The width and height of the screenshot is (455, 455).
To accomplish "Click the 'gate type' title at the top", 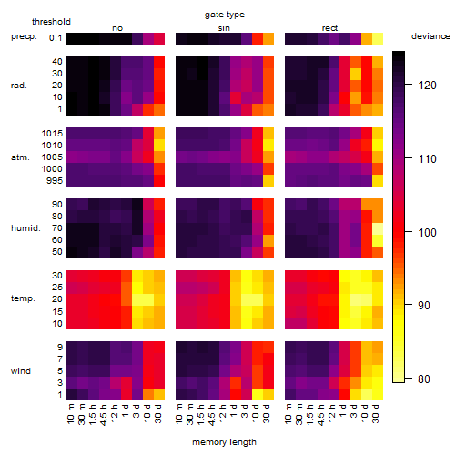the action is pyautogui.click(x=225, y=15).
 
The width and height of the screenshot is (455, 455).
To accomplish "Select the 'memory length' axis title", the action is pyautogui.click(x=224, y=442).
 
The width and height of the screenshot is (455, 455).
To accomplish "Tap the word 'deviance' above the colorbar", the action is pyautogui.click(x=430, y=36).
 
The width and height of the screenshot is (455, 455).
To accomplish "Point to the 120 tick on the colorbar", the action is pyautogui.click(x=409, y=85).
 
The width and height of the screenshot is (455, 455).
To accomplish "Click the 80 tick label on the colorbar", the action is pyautogui.click(x=424, y=379).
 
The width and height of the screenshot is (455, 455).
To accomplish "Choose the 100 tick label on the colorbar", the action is pyautogui.click(x=427, y=232).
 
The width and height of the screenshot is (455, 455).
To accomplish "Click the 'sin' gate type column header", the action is pyautogui.click(x=224, y=28).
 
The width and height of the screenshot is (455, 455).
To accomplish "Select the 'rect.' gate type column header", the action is pyautogui.click(x=330, y=28).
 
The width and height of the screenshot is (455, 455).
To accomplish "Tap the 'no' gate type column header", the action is pyautogui.click(x=117, y=28).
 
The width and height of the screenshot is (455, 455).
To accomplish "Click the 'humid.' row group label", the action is pyautogui.click(x=25, y=227).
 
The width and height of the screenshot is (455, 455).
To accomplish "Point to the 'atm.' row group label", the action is pyautogui.click(x=20, y=157).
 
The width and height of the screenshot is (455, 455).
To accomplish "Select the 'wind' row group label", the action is pyautogui.click(x=21, y=370).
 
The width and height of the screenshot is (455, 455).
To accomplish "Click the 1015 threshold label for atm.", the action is pyautogui.click(x=52, y=133).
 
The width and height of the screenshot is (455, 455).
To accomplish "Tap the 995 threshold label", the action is pyautogui.click(x=55, y=180).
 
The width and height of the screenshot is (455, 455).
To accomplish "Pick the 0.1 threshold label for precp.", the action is pyautogui.click(x=56, y=38).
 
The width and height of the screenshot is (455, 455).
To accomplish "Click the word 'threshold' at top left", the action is pyautogui.click(x=51, y=22).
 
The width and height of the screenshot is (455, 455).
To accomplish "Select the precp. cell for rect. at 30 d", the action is pyautogui.click(x=378, y=38).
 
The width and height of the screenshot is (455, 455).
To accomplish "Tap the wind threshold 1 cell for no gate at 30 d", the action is pyautogui.click(x=159, y=394).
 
